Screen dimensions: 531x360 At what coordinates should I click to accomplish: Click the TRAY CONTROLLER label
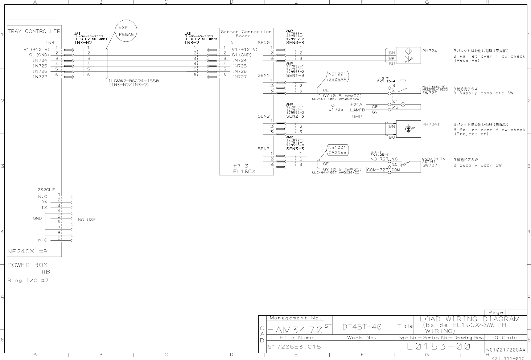coord(34,31)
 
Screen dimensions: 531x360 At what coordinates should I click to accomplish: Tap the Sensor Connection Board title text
coord(246,34)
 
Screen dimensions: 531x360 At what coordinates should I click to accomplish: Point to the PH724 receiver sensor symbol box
coord(408,56)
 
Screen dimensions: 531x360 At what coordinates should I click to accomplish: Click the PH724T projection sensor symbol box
coord(408,129)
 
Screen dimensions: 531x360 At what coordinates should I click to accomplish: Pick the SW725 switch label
coord(430,93)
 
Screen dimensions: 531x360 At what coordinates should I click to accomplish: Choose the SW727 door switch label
coord(430,165)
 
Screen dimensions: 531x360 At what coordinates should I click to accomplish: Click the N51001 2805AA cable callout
coord(338,76)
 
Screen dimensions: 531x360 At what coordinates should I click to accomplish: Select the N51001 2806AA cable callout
coord(338,150)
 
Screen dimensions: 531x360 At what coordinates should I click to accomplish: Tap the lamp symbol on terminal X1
coord(403,104)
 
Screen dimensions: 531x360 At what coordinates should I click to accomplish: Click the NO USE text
coord(87,220)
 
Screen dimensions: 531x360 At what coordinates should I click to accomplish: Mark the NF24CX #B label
coord(28,251)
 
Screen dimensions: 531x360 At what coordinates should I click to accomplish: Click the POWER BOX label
coord(28,265)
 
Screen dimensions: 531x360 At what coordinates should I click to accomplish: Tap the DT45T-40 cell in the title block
coord(362,327)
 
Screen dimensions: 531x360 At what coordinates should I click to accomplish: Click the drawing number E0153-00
coord(439,346)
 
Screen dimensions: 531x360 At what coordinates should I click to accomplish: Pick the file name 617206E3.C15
coord(294,347)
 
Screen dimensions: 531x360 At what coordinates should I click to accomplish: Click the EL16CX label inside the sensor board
coord(244,171)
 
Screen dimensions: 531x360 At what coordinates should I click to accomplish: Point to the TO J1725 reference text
coord(336,107)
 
